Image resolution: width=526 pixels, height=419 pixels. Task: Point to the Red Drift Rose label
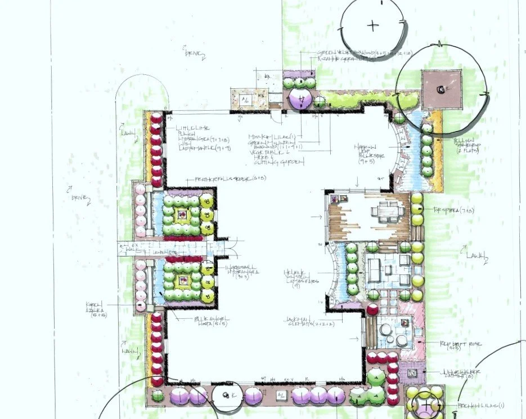pos(456,344)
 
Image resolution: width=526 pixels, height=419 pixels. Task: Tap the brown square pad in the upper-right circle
pos(442,89)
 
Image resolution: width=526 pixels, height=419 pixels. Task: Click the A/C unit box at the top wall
pos(246,100)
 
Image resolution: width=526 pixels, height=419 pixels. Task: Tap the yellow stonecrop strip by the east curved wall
pos(437,143)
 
